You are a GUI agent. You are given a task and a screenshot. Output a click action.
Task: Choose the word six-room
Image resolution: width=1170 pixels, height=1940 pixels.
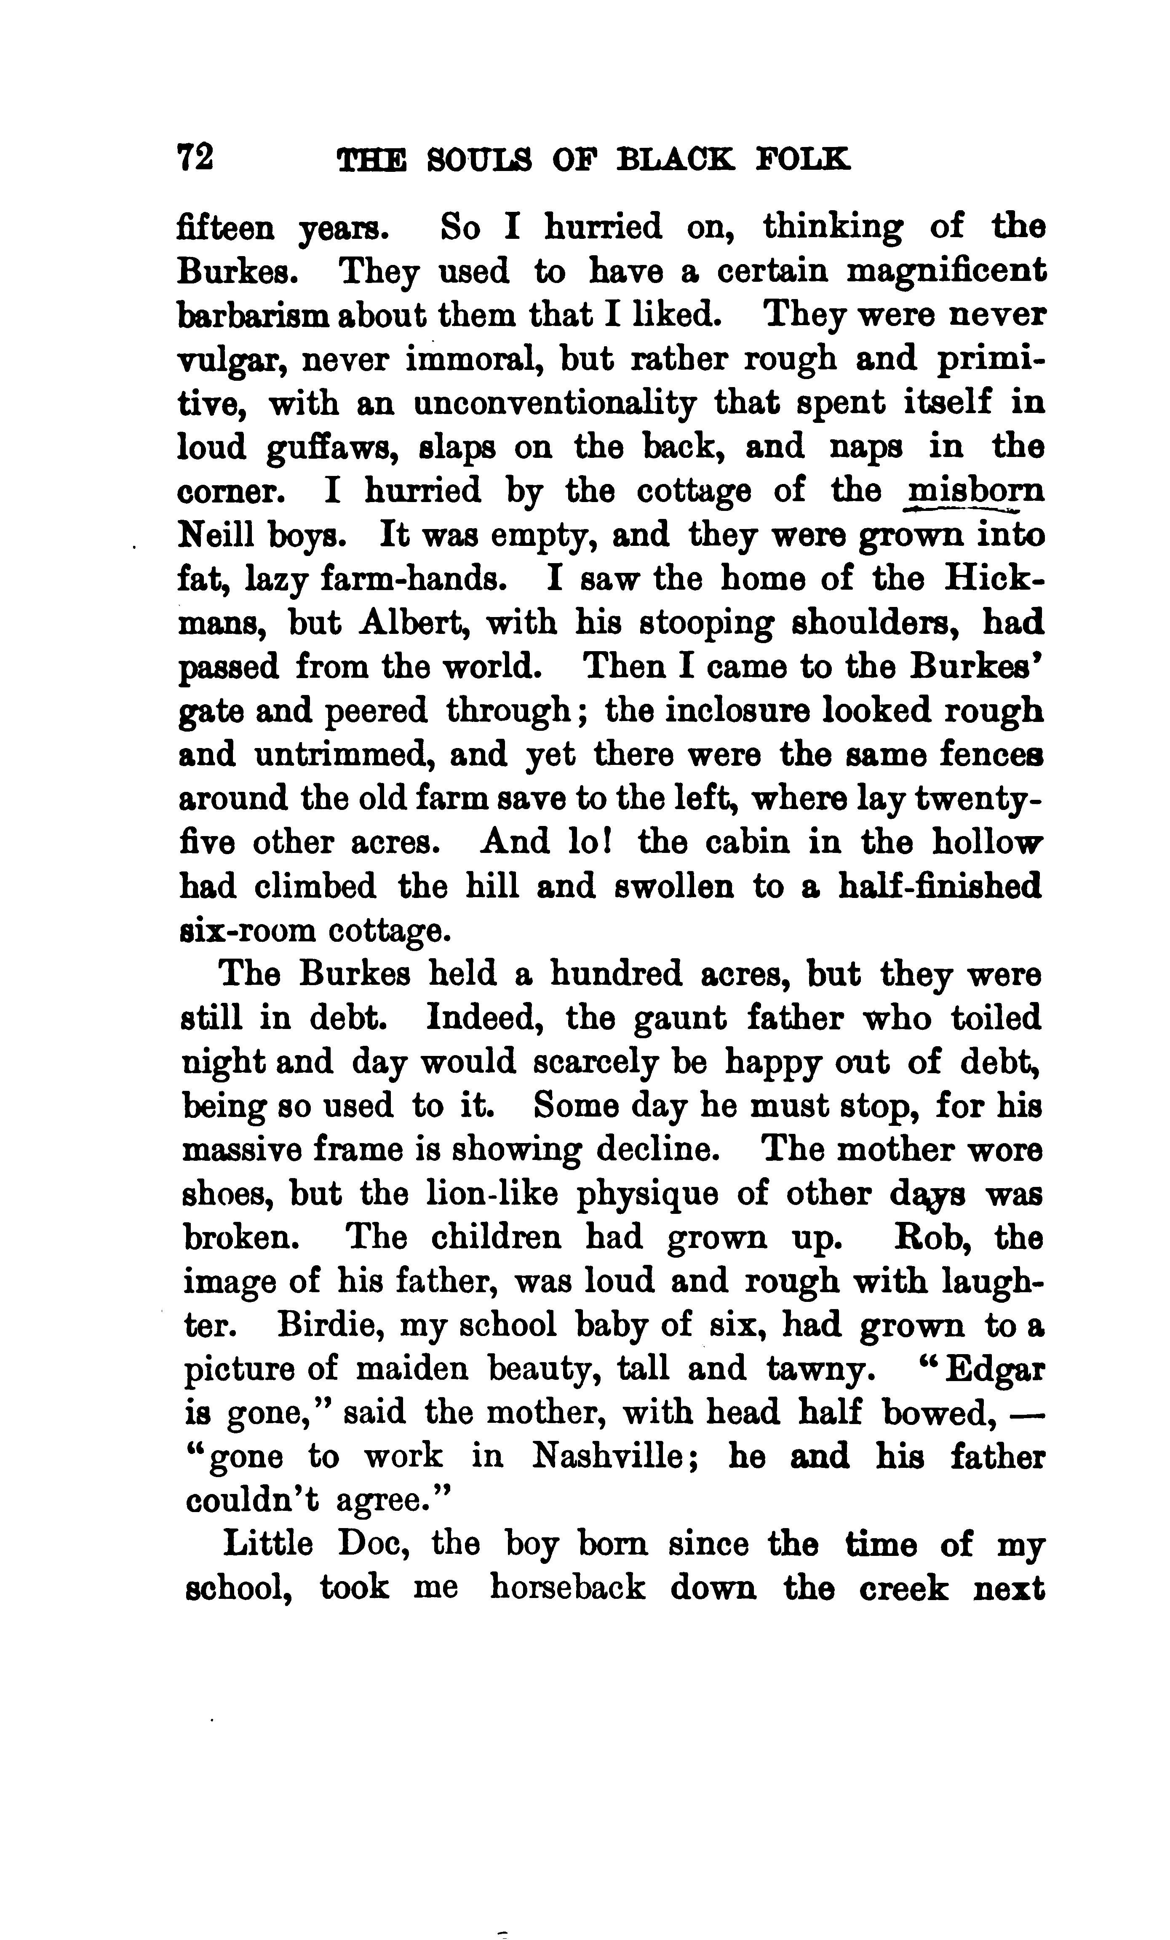pos(246,931)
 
